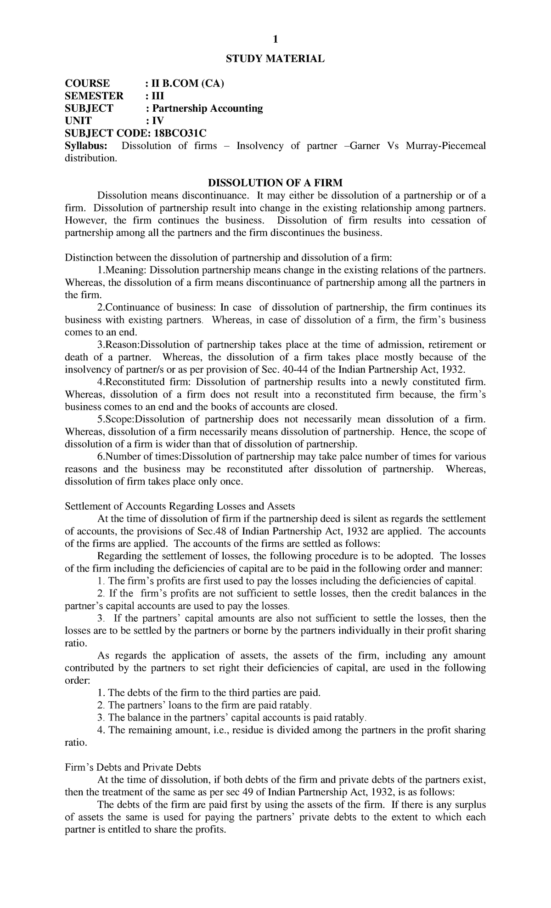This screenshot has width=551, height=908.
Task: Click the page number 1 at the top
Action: pyautogui.click(x=275, y=40)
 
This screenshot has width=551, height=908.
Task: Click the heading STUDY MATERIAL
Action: pyautogui.click(x=275, y=59)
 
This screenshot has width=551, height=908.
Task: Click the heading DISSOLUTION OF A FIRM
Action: pyautogui.click(x=275, y=183)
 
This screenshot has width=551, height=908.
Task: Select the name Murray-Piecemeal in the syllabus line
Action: pyautogui.click(x=447, y=146)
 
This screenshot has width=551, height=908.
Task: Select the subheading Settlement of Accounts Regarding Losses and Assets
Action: pyautogui.click(x=180, y=506)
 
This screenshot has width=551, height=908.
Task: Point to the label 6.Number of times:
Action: pyautogui.click(x=140, y=457)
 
